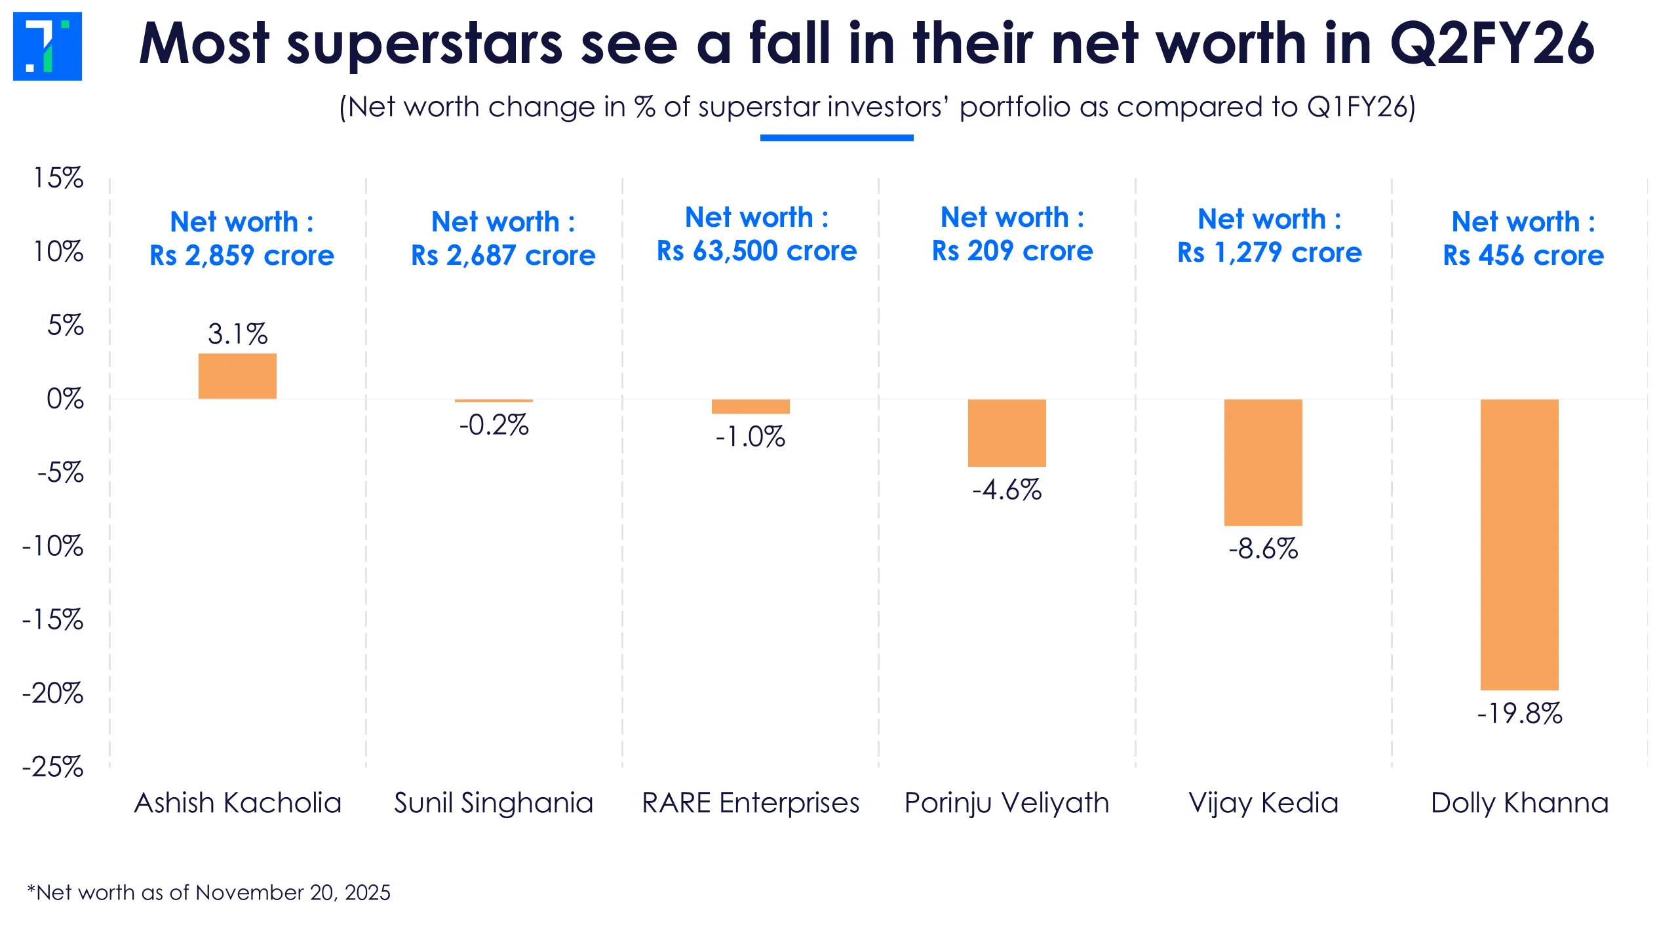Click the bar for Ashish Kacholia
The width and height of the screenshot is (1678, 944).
pos(237,376)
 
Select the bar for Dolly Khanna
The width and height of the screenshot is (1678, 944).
pos(1519,544)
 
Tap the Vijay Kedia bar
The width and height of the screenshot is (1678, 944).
pos(1263,462)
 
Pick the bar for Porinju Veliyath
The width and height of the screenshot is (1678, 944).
pos(1007,433)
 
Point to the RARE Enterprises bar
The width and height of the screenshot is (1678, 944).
pos(751,406)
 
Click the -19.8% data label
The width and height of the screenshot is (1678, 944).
pos(1519,713)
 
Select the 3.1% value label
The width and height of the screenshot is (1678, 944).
pos(237,334)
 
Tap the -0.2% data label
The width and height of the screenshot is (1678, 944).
pos(494,425)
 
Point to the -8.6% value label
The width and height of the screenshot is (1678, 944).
pos(1263,549)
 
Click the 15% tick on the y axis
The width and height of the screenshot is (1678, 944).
pos(58,178)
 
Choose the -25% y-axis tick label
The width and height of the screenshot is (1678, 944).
pos(53,766)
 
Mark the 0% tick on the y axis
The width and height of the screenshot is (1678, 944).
pos(65,399)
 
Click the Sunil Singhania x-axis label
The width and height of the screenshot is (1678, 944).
pos(494,803)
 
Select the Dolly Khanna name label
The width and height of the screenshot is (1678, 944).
pos(1519,803)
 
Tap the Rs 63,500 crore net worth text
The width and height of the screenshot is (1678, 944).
pos(756,251)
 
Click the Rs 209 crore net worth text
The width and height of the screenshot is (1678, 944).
pos(1012,251)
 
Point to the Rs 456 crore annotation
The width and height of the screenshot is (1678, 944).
pos(1523,255)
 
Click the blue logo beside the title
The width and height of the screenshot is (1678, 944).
pos(47,46)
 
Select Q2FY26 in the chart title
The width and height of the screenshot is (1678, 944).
pos(1492,44)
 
